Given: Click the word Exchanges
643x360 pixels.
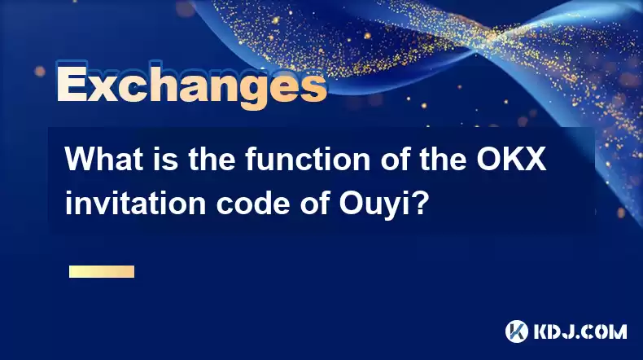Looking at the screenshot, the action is pyautogui.click(x=191, y=86).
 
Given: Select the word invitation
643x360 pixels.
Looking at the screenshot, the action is pyautogui.click(x=135, y=203).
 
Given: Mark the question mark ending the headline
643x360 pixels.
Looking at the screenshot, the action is pyautogui.click(x=418, y=203).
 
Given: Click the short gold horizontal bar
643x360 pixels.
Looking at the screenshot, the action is pyautogui.click(x=102, y=271).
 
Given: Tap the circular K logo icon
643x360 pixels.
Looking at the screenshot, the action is pyautogui.click(x=517, y=331).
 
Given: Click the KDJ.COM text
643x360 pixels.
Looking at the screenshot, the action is pyautogui.click(x=580, y=331).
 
